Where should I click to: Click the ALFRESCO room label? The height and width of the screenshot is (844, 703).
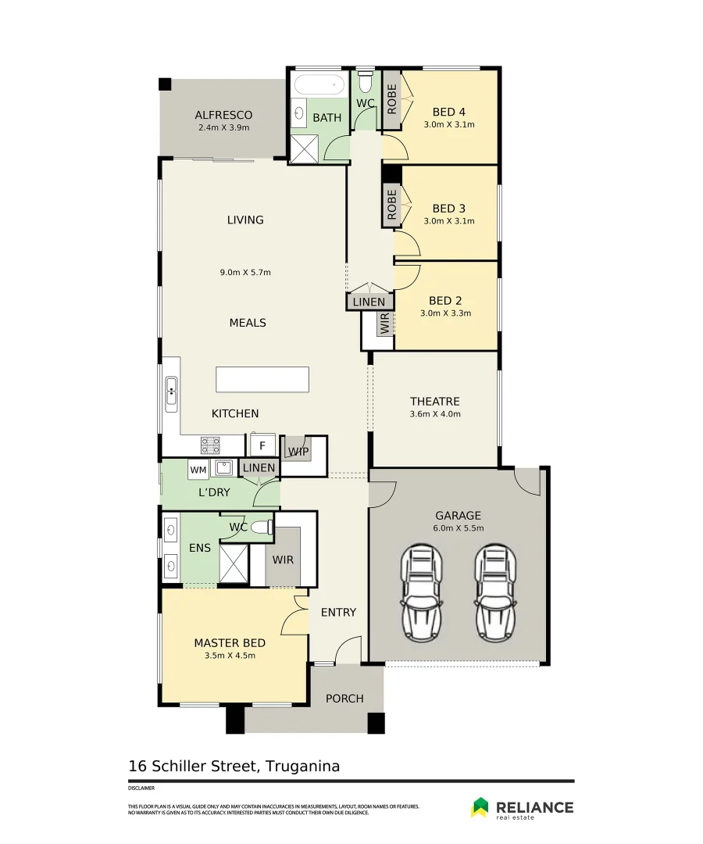coord(223,115)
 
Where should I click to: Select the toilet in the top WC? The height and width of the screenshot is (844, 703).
coord(365,81)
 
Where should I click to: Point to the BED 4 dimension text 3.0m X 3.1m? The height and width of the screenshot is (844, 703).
coord(449,124)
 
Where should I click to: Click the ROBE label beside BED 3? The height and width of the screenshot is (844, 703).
coord(391,205)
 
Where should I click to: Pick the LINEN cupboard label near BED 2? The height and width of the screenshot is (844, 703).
coord(369,302)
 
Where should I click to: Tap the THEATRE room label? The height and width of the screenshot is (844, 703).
coord(434,402)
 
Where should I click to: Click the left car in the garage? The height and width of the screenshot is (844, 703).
coord(423,592)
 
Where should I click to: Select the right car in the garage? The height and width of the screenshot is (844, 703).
coord(495,592)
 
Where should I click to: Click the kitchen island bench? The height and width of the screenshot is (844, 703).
coord(262,380)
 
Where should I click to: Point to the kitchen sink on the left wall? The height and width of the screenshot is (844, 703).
coord(171,394)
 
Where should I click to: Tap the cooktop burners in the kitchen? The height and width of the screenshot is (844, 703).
coord(210,445)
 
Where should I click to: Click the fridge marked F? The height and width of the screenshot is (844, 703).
coord(262,445)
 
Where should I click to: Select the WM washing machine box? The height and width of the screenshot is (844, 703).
coord(198,470)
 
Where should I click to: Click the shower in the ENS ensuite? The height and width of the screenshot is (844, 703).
coord(234,563)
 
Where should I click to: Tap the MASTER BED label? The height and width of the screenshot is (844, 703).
coord(230,642)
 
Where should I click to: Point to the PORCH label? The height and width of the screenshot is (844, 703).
coord(344,698)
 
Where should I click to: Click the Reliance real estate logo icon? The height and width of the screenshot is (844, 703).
coord(480,806)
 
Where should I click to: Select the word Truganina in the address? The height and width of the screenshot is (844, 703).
coord(303,766)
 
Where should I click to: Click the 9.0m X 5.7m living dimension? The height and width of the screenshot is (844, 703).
coord(245,273)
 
